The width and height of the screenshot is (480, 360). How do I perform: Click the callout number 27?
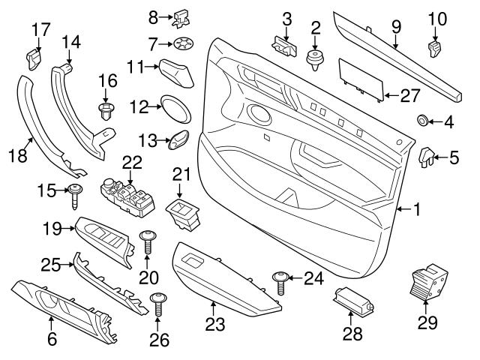coord(409,94)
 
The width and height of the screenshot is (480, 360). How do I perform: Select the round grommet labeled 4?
coord(422,120)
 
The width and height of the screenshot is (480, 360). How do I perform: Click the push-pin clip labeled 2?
coord(315,58)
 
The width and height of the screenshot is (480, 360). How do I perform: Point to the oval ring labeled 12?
coord(176,109)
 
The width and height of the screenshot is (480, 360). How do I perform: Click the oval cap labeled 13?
coord(178,139)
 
